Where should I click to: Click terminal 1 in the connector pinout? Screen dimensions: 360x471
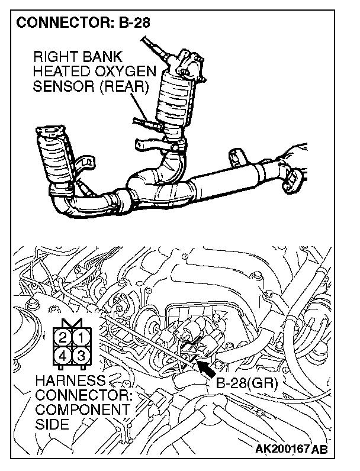81,337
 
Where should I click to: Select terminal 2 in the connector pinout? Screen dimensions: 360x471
63,337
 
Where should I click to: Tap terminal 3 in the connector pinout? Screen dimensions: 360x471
81,356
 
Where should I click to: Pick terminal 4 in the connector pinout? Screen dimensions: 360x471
63,356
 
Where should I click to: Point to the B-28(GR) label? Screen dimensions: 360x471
247,383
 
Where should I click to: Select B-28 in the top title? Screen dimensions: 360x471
134,23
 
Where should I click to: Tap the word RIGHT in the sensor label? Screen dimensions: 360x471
52,57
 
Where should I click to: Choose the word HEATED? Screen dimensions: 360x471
62,72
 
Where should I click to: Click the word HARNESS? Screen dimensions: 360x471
71,380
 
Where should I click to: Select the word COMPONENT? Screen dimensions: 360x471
83,409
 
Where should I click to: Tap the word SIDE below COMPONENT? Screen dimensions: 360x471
52,424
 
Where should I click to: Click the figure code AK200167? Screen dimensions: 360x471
282,449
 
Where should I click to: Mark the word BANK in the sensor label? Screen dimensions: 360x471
98,57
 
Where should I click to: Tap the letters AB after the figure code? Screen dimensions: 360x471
319,449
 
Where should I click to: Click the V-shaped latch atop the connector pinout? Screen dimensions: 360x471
72,323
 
